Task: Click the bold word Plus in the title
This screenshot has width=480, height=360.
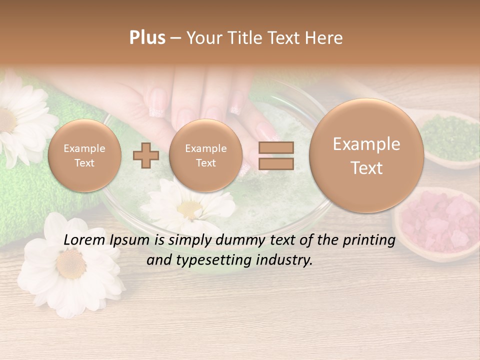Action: pyautogui.click(x=147, y=38)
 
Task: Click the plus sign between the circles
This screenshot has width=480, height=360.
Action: pyautogui.click(x=145, y=155)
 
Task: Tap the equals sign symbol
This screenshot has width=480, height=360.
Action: pyautogui.click(x=275, y=155)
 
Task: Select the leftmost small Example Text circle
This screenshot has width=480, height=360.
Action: pyautogui.click(x=84, y=155)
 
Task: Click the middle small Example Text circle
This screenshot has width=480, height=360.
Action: pyautogui.click(x=205, y=155)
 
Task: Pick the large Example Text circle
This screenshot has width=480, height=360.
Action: pyautogui.click(x=366, y=155)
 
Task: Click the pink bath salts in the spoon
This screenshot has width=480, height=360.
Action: pyautogui.click(x=437, y=222)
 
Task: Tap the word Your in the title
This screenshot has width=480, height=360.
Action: pyautogui.click(x=204, y=38)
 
